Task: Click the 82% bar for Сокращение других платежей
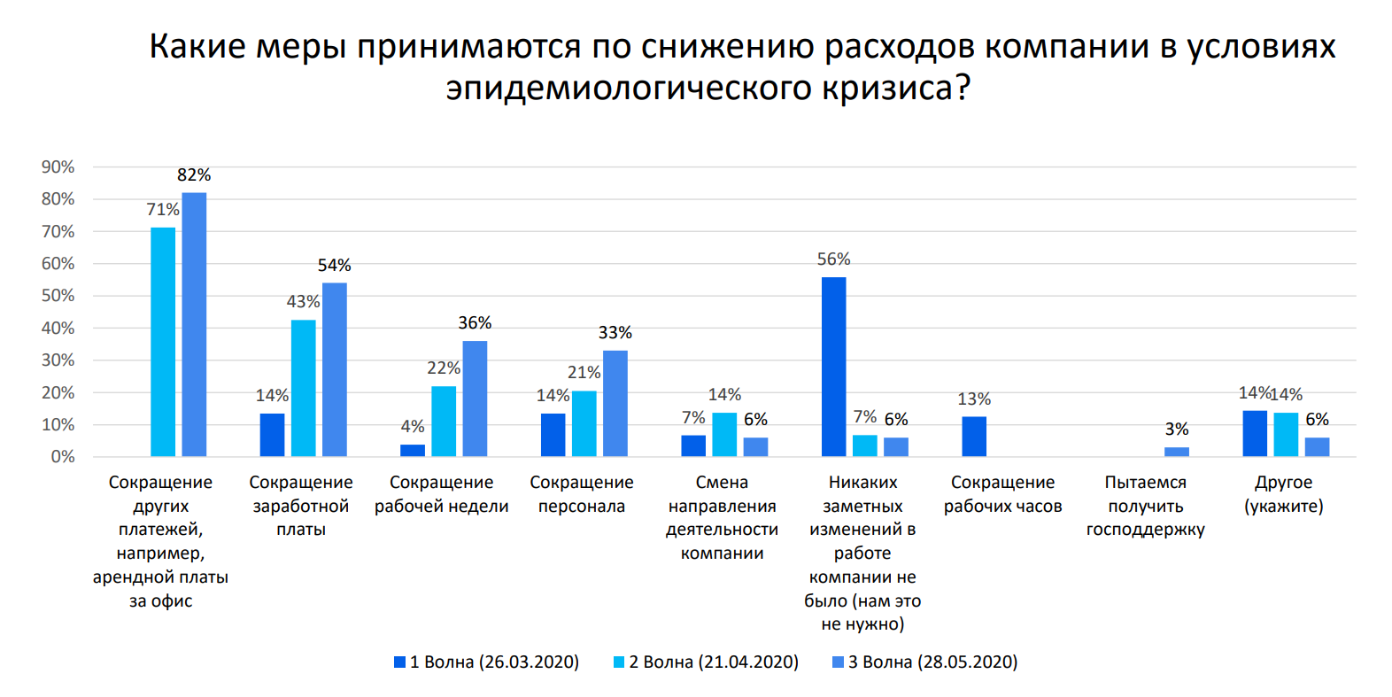pyautogui.click(x=194, y=324)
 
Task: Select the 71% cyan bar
pyautogui.click(x=163, y=342)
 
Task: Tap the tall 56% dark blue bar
pyautogui.click(x=833, y=367)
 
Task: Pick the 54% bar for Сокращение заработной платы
pyautogui.click(x=335, y=369)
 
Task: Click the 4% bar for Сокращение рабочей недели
pyautogui.click(x=413, y=450)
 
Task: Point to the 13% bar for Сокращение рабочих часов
pyautogui.click(x=974, y=437)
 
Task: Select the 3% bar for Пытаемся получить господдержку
pyautogui.click(x=1176, y=452)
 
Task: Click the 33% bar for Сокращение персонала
pyautogui.click(x=615, y=403)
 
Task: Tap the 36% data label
pyautogui.click(x=475, y=323)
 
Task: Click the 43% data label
pyautogui.click(x=303, y=302)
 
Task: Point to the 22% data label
pyautogui.click(x=444, y=368)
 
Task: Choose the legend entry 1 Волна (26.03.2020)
pyautogui.click(x=486, y=662)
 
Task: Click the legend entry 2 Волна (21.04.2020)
pyautogui.click(x=706, y=662)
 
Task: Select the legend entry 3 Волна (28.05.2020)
pyautogui.click(x=924, y=662)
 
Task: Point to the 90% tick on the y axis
pyautogui.click(x=58, y=167)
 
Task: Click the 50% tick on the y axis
pyautogui.click(x=58, y=296)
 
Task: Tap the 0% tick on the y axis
pyautogui.click(x=62, y=457)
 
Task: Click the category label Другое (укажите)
pyautogui.click(x=1283, y=494)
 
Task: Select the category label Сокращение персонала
pyautogui.click(x=582, y=494)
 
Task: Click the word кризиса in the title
pyautogui.click(x=895, y=89)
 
